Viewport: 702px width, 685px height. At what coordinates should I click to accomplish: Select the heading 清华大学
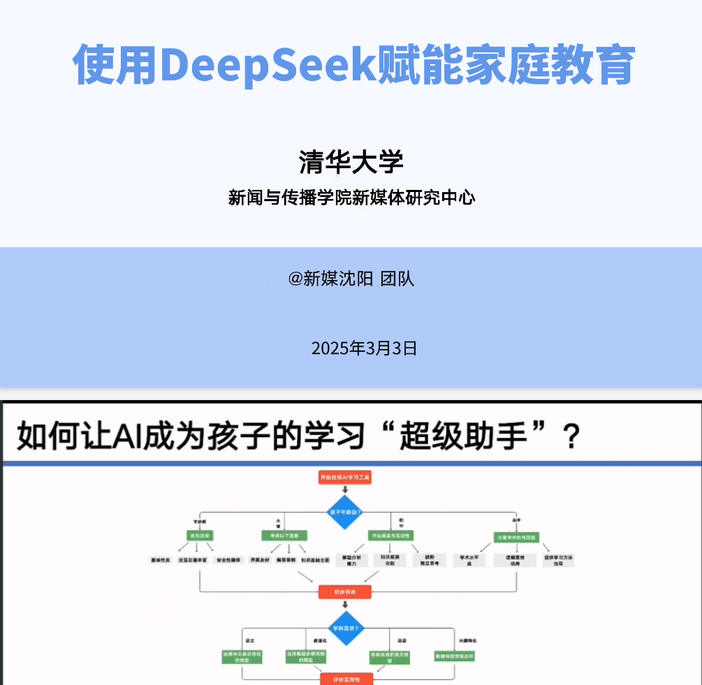pos(351,162)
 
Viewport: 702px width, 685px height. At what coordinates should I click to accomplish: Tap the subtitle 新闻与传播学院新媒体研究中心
pos(351,198)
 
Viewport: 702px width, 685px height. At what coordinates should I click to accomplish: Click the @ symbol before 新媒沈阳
pos(295,279)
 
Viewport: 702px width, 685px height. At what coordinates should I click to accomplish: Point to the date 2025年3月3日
pos(364,348)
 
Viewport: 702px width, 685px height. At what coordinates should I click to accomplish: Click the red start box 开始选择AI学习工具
pos(345,478)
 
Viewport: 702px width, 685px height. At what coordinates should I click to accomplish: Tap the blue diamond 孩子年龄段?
pos(345,512)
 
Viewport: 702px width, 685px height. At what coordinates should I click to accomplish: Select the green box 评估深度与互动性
pos(390,536)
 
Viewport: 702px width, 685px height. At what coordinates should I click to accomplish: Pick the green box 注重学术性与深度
pos(516,538)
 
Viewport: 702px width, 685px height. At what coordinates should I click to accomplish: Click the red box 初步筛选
pos(345,592)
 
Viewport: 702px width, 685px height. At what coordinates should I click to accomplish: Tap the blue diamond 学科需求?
pos(345,628)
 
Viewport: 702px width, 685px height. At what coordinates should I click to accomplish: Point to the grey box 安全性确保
pos(229,560)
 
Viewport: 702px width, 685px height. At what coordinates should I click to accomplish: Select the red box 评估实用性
pos(345,679)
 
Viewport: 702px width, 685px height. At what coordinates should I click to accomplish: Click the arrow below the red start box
pos(345,489)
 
